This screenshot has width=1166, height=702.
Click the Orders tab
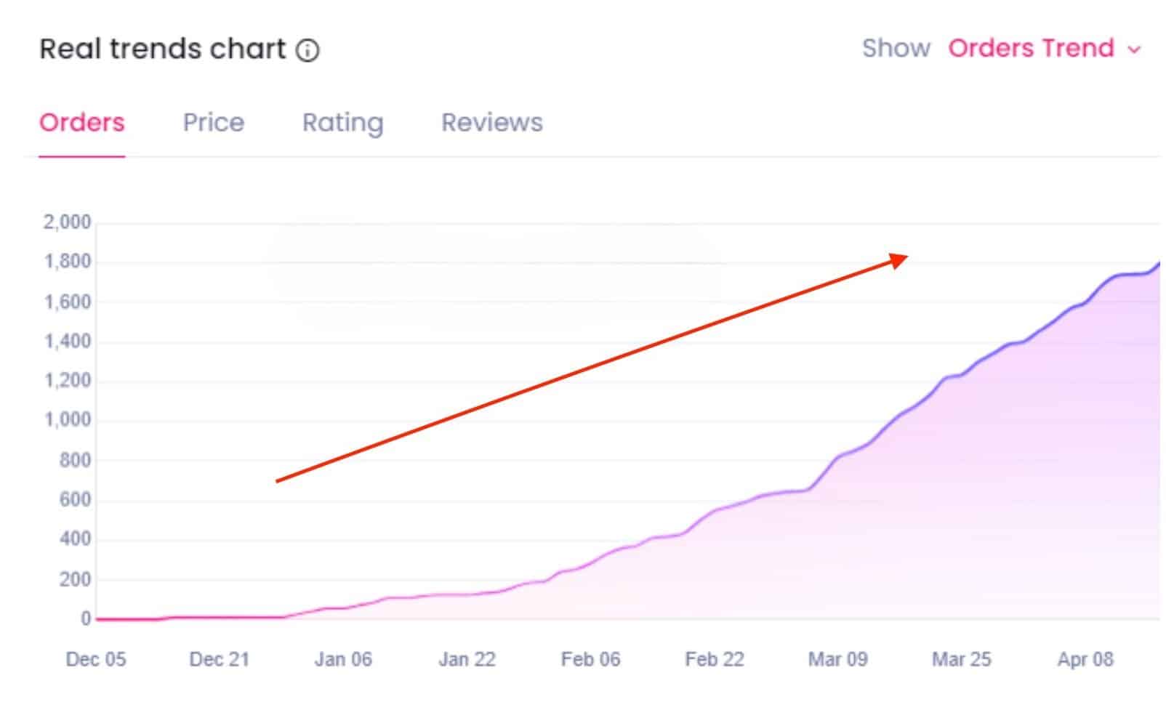click(x=81, y=123)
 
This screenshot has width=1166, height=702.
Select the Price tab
click(x=213, y=123)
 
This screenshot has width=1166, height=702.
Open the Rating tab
click(x=342, y=123)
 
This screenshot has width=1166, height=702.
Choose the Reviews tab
click(x=491, y=123)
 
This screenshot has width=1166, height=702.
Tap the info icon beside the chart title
click(x=307, y=50)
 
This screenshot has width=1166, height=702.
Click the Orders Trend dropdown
click(x=1044, y=49)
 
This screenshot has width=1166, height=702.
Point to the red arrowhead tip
click(x=906, y=256)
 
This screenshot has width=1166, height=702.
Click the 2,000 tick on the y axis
click(x=67, y=222)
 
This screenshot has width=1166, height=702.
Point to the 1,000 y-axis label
click(x=68, y=420)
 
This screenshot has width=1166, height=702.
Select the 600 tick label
click(x=75, y=500)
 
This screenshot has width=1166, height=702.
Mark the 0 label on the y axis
click(x=86, y=619)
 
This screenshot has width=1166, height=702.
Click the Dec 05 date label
click(x=95, y=660)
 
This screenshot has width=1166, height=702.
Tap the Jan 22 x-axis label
click(x=467, y=660)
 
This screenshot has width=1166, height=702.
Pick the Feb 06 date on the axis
click(x=590, y=660)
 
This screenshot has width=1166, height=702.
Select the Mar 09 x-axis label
click(x=837, y=660)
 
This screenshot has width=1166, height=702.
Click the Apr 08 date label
click(x=1085, y=660)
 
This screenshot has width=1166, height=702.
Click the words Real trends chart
click(x=162, y=49)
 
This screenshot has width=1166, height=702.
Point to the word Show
click(x=896, y=49)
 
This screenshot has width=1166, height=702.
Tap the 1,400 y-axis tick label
click(x=68, y=342)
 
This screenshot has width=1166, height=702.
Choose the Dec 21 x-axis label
click(x=219, y=660)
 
